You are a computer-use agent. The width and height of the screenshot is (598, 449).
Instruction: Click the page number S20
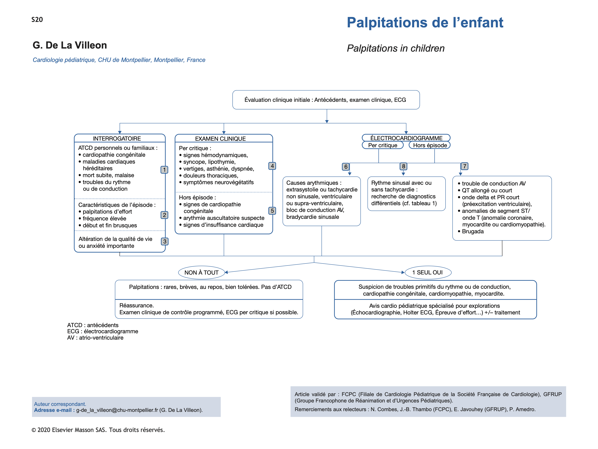coord(37,20)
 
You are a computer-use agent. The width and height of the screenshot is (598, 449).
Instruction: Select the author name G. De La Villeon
coord(70,45)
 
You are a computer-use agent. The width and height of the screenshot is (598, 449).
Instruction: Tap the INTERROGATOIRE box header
coord(117,138)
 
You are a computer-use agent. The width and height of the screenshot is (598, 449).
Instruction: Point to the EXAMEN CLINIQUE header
coord(220,139)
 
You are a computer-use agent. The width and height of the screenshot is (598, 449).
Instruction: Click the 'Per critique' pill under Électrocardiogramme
coord(383,145)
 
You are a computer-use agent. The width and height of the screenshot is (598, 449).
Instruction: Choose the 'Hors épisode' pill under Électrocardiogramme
coord(430,145)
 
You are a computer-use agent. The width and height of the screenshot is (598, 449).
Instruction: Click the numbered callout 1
coord(164,170)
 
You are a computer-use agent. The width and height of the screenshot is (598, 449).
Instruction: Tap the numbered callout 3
coord(165,241)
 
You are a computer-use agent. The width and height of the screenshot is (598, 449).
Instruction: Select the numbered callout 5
coord(272,211)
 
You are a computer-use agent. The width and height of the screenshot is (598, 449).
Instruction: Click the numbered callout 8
coord(403,166)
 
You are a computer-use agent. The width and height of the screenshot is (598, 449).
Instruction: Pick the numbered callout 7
coord(465,166)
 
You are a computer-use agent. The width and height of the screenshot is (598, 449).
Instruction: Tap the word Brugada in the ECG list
coord(473,231)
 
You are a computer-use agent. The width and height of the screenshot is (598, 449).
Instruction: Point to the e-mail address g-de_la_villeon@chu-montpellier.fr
coord(117,410)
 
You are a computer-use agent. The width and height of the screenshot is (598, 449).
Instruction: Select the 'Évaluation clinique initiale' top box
coord(326,100)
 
